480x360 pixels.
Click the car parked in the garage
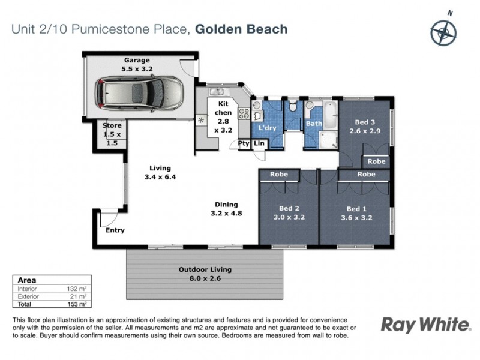139,93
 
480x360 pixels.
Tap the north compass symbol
443,31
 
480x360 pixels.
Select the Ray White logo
426,325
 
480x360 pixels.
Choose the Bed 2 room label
289,213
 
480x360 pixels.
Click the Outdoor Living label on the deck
205,274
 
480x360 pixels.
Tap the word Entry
115,230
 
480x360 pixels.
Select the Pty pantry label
244,143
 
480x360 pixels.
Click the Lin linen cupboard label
259,143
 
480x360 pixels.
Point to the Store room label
112,130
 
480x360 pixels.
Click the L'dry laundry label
267,128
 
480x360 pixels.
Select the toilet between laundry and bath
292,109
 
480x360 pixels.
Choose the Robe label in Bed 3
376,161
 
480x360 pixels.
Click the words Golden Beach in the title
242,29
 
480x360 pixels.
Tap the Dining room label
224,208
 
